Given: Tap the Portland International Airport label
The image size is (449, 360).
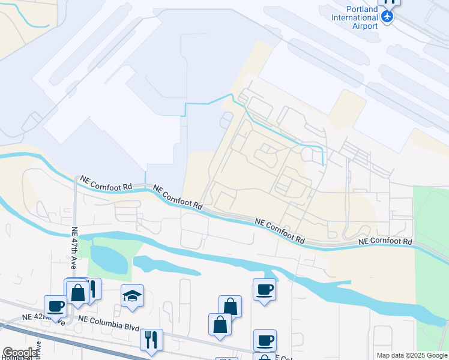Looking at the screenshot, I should tap(355, 17).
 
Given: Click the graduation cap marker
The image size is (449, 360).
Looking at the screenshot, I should tap(131, 295).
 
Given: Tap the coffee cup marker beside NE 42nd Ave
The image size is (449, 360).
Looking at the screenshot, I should tap(55, 306).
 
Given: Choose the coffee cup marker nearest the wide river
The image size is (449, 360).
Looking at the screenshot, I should tap(264, 290).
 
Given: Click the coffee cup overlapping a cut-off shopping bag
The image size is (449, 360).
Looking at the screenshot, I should tap(264, 340).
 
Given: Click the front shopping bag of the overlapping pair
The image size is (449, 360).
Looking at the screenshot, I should tap(220, 325).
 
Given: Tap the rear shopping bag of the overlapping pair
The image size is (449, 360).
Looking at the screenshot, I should tap(231, 306).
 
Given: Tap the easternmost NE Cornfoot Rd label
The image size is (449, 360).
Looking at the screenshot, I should tap(386, 241).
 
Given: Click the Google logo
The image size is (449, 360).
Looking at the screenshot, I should tap(19, 353).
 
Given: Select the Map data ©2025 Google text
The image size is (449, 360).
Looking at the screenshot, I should tap(411, 355).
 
